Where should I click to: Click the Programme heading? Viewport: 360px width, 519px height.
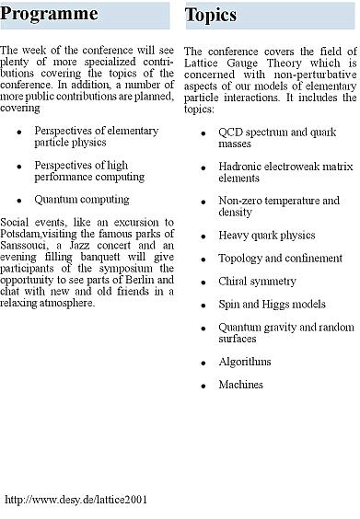tap(50, 15)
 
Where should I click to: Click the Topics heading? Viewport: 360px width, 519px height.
tap(211, 15)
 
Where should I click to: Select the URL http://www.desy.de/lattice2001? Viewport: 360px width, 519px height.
tap(75, 500)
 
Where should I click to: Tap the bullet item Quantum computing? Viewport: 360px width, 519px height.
tap(82, 199)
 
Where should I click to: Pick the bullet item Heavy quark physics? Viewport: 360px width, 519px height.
tap(266, 236)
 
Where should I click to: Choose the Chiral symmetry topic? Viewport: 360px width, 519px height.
tap(257, 282)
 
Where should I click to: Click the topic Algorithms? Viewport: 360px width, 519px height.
tap(244, 362)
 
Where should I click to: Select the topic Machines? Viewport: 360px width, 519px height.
tap(240, 385)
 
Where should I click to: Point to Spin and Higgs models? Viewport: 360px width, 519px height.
tap(272, 305)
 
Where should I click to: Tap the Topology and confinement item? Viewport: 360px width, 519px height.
tap(280, 259)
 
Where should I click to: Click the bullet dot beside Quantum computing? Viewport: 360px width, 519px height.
tap(19, 200)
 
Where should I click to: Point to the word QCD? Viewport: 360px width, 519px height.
tap(230, 132)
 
